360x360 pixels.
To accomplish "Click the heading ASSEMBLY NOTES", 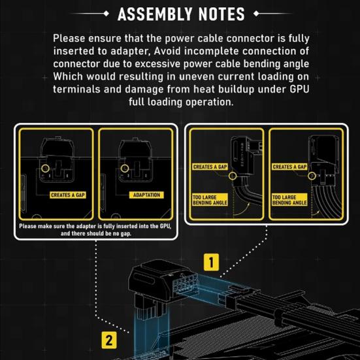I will (x=180, y=13).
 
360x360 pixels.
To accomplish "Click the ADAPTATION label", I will (x=146, y=195).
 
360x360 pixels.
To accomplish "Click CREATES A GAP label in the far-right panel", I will (x=289, y=167).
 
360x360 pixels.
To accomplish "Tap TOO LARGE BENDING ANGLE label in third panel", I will (x=209, y=200).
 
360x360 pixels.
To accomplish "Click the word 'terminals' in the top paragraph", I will (x=83, y=90).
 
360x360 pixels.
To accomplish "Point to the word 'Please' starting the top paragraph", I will (x=71, y=39).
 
